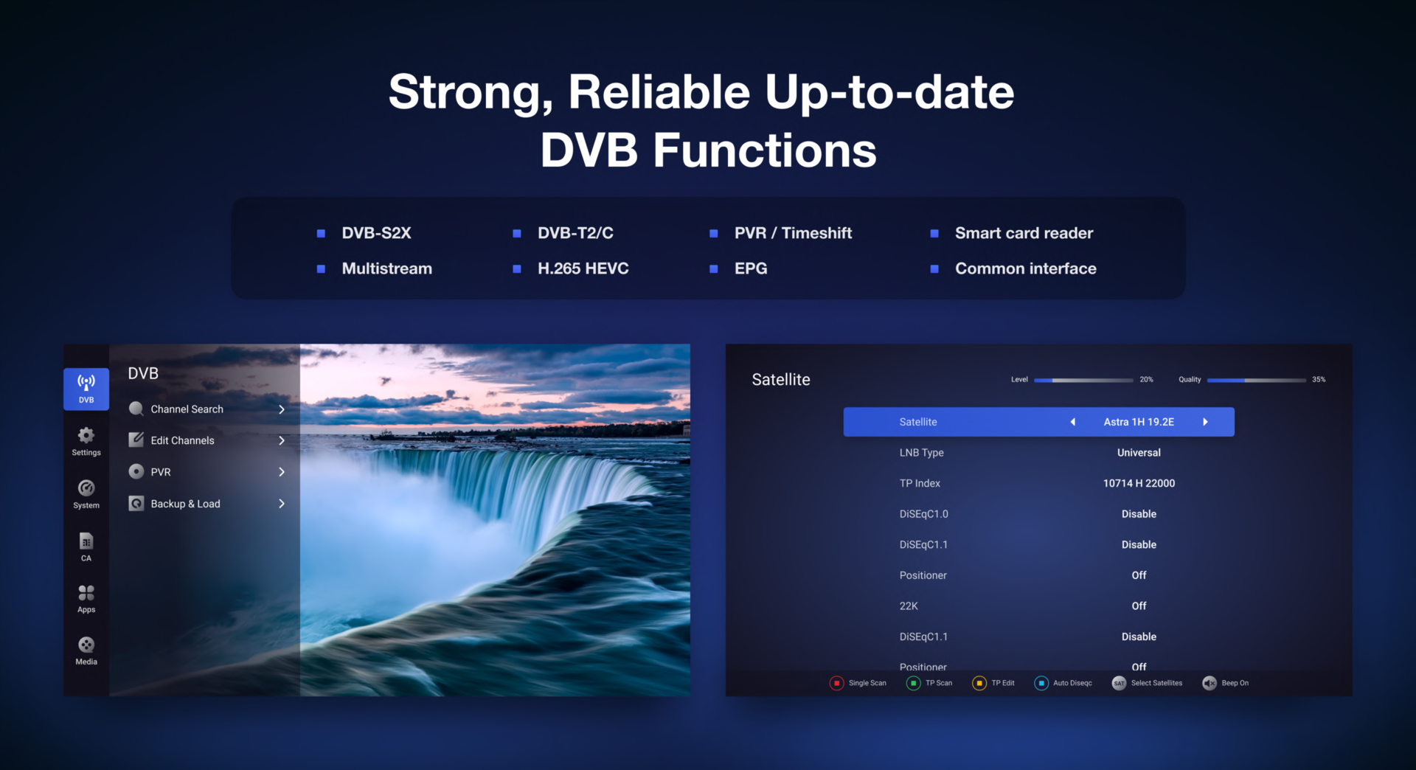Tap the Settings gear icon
[86, 435]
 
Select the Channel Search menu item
[187, 409]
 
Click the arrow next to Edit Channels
[282, 440]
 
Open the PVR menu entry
[161, 472]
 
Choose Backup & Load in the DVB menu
[185, 504]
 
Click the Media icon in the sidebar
[86, 645]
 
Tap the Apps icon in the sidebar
[86, 593]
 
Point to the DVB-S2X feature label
[376, 233]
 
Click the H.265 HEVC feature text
[583, 268]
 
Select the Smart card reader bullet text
[1024, 233]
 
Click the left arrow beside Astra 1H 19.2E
[1073, 422]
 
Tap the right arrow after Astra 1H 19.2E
[1205, 422]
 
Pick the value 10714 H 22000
[1139, 483]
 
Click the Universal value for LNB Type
[1139, 453]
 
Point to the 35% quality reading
[1319, 380]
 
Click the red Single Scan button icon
[836, 683]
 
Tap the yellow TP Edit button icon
[979, 683]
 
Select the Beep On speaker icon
[1209, 683]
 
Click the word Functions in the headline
[765, 150]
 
